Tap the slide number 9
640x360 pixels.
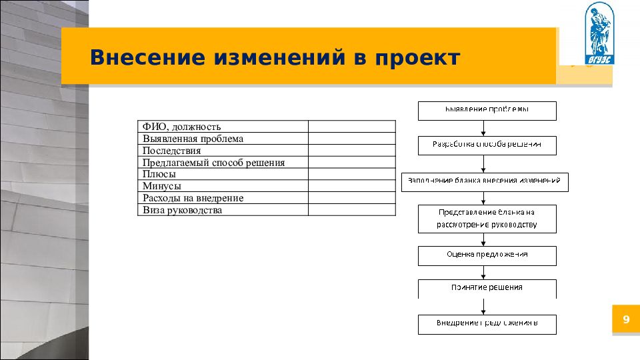(626, 321)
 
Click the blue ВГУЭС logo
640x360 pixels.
(599, 34)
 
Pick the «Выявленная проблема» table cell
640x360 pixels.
(193, 139)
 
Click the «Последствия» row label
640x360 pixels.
(171, 151)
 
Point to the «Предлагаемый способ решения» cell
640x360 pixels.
(213, 163)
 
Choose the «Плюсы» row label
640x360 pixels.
(159, 175)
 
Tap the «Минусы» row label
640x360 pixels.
(162, 187)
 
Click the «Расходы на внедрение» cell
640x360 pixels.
(193, 199)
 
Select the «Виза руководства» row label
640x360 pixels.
(182, 210)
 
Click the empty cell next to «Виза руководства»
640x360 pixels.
(351, 210)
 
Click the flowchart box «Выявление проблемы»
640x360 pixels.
(487, 110)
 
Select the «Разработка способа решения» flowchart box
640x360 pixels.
(487, 145)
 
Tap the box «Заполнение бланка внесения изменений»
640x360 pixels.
(485, 181)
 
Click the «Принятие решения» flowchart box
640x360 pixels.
(487, 289)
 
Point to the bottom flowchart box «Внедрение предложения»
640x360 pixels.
(487, 324)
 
